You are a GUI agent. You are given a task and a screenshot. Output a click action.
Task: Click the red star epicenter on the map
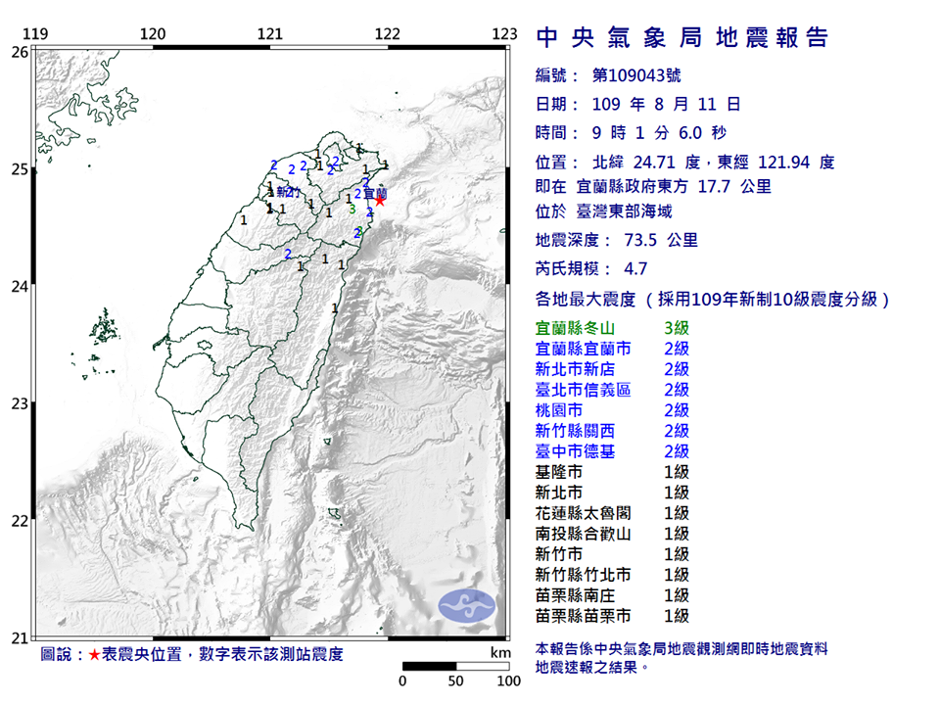pos(380,201)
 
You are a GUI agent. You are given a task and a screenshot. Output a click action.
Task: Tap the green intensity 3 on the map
pos(352,209)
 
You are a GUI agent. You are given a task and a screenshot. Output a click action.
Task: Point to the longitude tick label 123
pos(503,34)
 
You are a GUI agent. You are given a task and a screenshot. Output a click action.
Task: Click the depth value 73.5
pos(644,240)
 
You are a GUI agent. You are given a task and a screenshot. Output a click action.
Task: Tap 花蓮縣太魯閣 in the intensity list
pos(584,513)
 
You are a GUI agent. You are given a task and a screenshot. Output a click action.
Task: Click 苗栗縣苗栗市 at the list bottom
pos(584,616)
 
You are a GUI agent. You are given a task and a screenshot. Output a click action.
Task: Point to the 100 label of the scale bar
pos(508,681)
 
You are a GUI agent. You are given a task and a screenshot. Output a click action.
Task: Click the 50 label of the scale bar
pos(455,681)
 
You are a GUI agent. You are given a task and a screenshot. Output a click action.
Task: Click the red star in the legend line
pos(94,655)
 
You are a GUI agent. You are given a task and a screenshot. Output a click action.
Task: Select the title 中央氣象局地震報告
pos(682,38)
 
